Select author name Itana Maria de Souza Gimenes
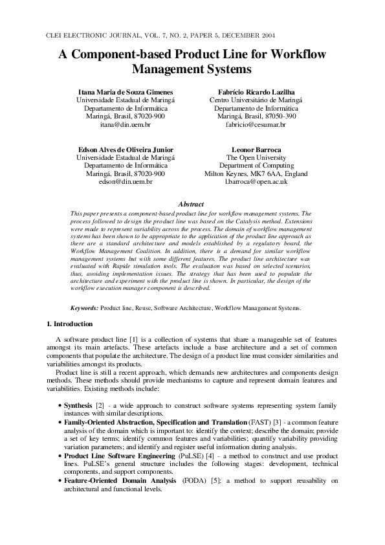click(x=126, y=92)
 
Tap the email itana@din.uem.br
click(x=126, y=124)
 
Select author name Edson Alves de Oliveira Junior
click(x=126, y=150)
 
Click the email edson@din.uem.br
click(x=126, y=182)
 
